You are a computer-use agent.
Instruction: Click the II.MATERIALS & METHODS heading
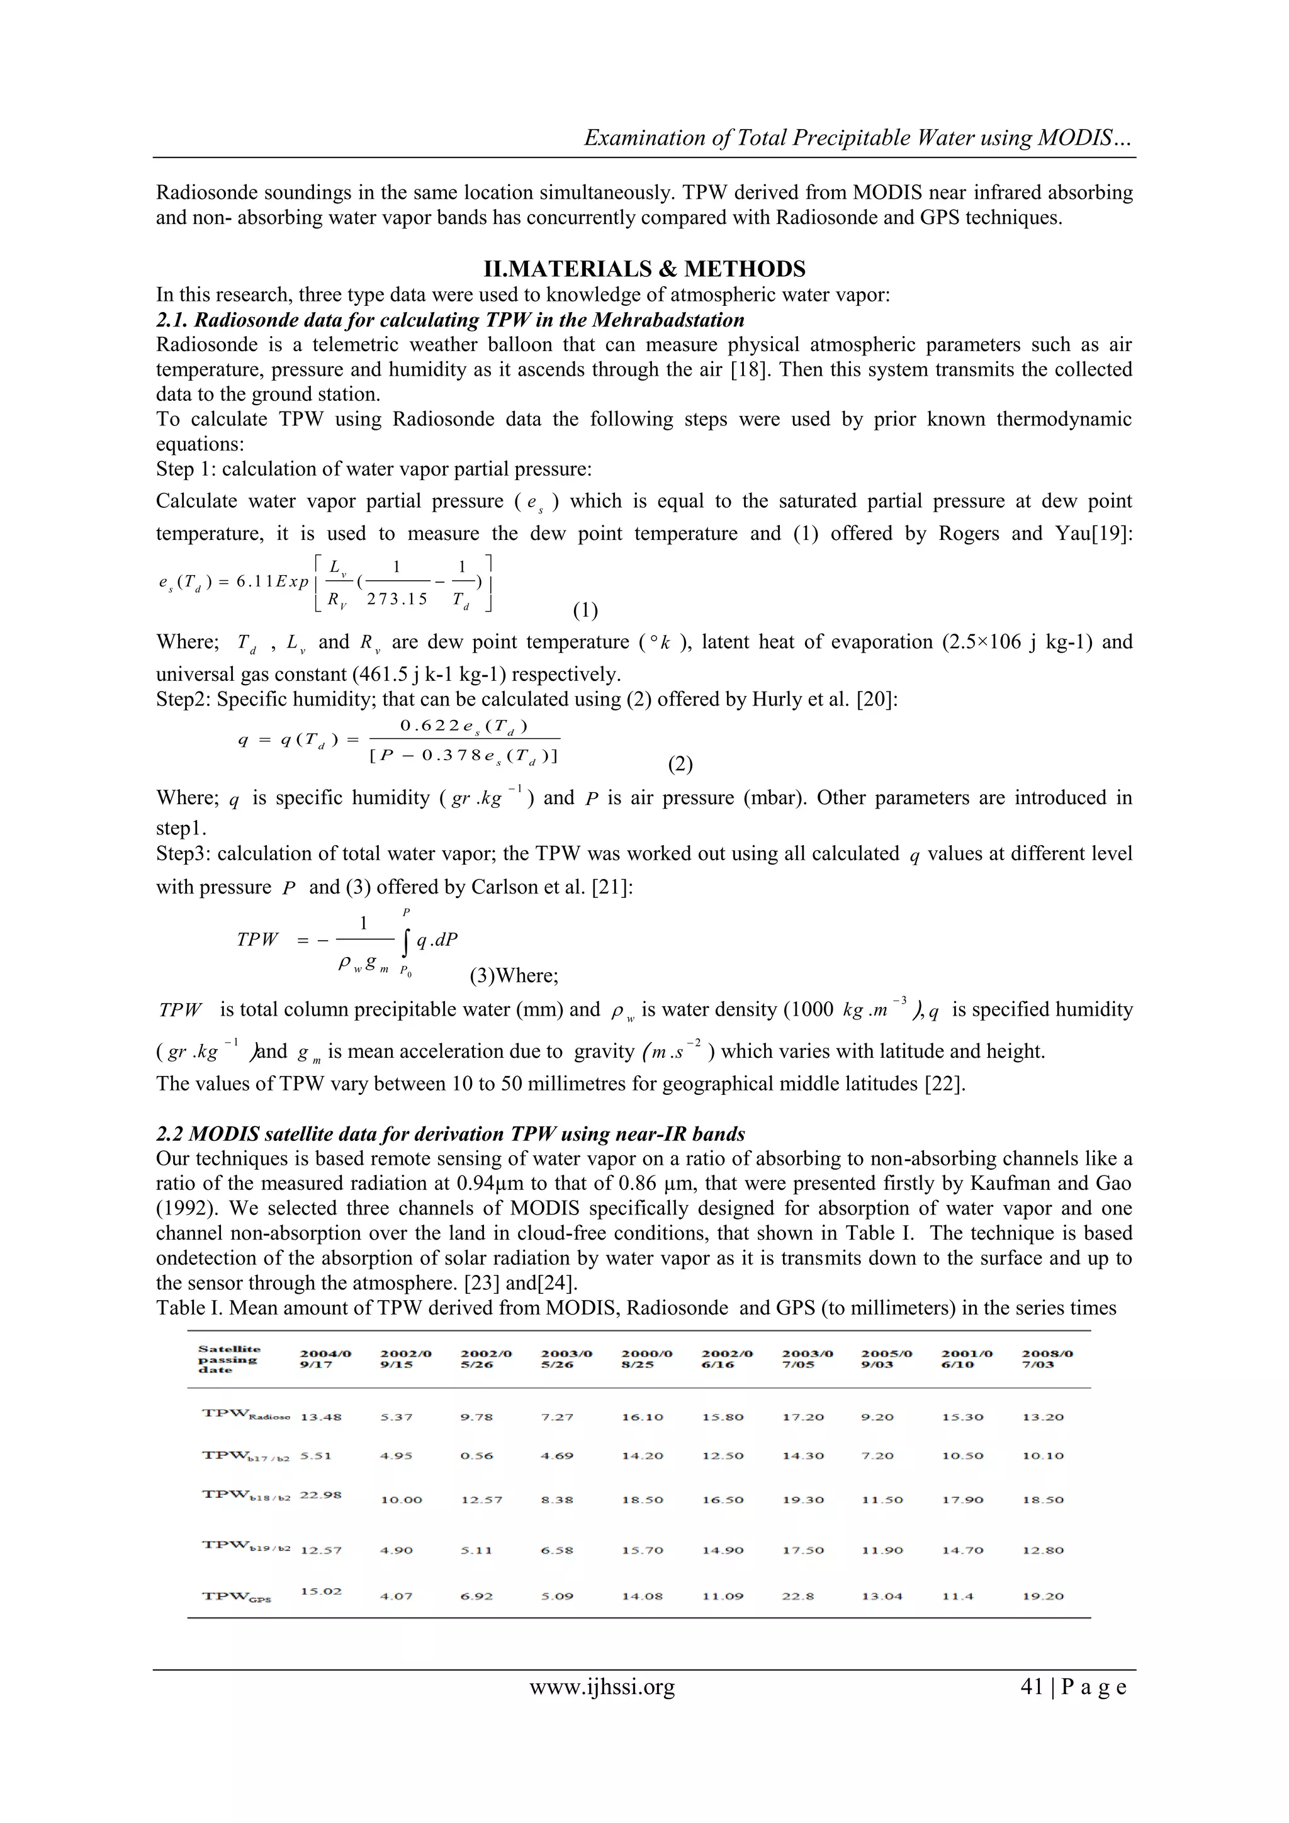pos(644,269)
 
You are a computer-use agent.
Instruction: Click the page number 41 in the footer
pos(1031,1686)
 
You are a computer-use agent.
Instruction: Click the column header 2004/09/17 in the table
pos(325,1359)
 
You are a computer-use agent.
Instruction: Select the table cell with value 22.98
pos(320,1495)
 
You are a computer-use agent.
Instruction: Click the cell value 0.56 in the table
pos(476,1456)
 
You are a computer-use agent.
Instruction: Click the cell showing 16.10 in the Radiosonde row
pos(642,1416)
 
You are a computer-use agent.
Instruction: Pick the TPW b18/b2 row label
pos(245,1495)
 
